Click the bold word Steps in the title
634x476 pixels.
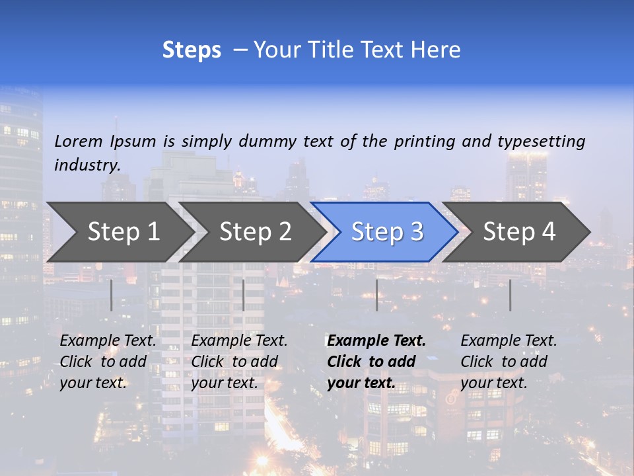[192, 50]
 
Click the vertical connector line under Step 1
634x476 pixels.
[111, 295]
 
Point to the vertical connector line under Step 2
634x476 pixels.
[244, 295]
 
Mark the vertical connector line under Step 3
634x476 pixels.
[376, 295]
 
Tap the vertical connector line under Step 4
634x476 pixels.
[510, 295]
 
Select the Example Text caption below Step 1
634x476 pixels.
[108, 362]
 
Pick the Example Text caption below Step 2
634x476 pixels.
[239, 362]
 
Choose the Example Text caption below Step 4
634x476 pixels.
[509, 362]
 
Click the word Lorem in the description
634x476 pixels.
[79, 141]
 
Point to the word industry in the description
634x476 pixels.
[87, 165]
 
